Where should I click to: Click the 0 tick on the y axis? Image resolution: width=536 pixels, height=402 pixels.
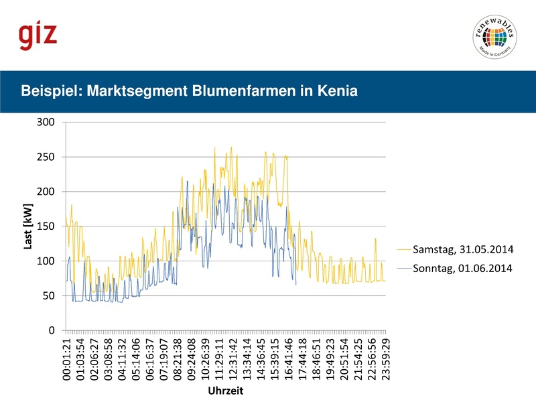click(52, 330)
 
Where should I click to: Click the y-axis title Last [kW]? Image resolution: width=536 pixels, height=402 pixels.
click(27, 227)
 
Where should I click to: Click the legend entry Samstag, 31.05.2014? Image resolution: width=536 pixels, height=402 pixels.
click(463, 250)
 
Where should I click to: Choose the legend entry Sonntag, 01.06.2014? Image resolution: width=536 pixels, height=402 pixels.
click(463, 269)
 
